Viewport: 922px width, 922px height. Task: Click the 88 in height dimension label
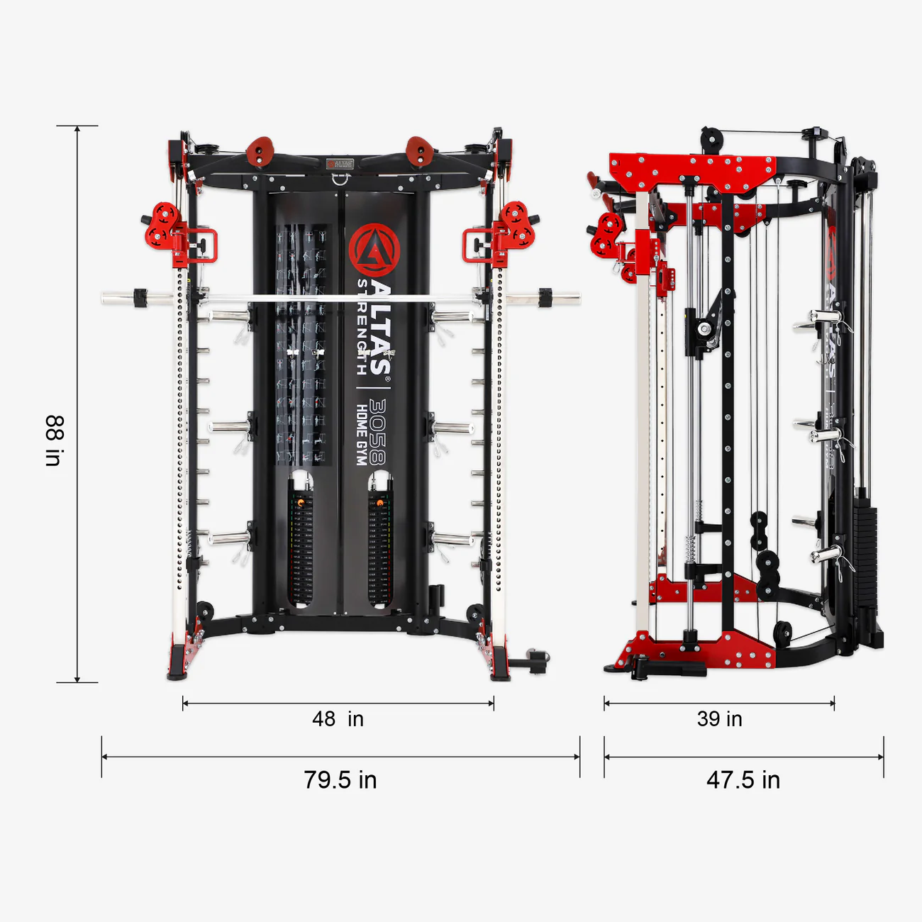[54, 440]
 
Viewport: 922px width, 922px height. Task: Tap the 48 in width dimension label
[338, 719]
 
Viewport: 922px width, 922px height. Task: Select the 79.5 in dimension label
[340, 780]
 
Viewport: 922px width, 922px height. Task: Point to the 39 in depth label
[719, 719]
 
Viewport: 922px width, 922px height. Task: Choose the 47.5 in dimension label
[743, 780]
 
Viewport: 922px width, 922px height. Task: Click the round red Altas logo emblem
[374, 250]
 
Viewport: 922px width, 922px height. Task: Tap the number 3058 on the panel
[377, 431]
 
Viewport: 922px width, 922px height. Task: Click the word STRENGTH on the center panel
[362, 326]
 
